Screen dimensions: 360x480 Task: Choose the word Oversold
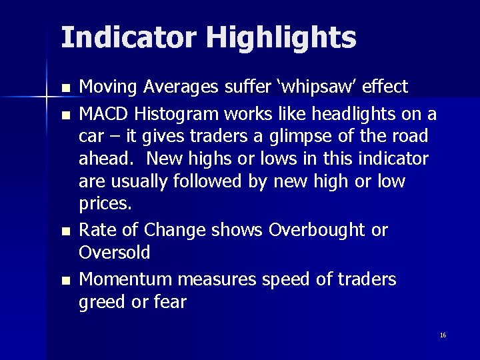coord(114,253)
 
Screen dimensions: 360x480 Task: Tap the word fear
coord(171,302)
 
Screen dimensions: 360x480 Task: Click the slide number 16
coord(443,335)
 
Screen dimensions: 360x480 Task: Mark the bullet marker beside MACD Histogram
coord(64,114)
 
